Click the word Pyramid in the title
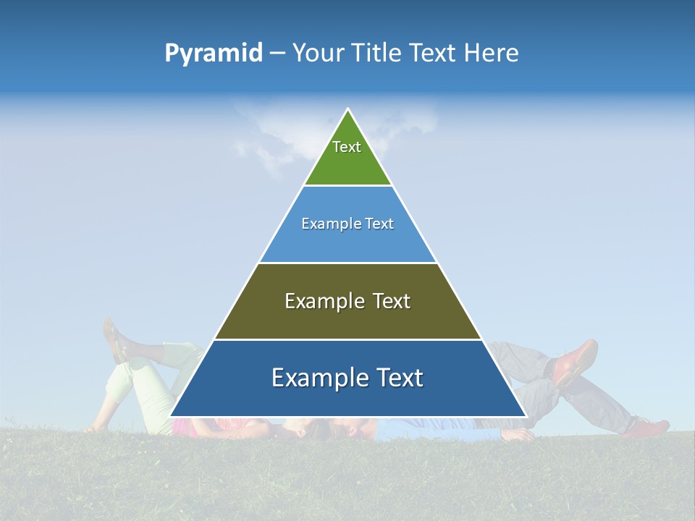coord(213,54)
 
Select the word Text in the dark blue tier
coord(397,378)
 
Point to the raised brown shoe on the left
coord(114,340)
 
